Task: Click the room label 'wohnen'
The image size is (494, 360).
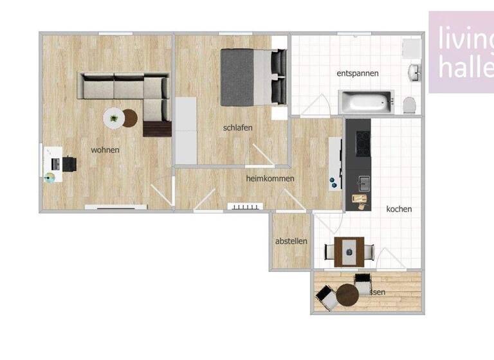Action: (105, 150)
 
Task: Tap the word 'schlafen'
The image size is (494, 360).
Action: (237, 128)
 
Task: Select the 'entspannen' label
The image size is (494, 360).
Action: (357, 73)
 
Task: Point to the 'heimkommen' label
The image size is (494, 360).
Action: (270, 178)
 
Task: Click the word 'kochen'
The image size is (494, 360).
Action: (399, 209)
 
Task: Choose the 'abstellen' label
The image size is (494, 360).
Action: (291, 241)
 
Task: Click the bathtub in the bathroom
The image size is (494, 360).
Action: (365, 102)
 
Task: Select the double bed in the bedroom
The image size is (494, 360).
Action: (252, 77)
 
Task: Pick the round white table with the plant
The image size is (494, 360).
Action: (114, 118)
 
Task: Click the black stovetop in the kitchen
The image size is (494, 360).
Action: (361, 139)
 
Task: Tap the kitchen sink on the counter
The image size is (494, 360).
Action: (365, 184)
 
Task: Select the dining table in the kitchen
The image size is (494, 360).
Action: (348, 248)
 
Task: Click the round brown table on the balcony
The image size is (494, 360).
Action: (347, 295)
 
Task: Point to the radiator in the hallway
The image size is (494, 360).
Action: (246, 206)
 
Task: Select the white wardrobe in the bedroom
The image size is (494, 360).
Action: (185, 130)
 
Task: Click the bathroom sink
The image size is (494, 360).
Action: (414, 72)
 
